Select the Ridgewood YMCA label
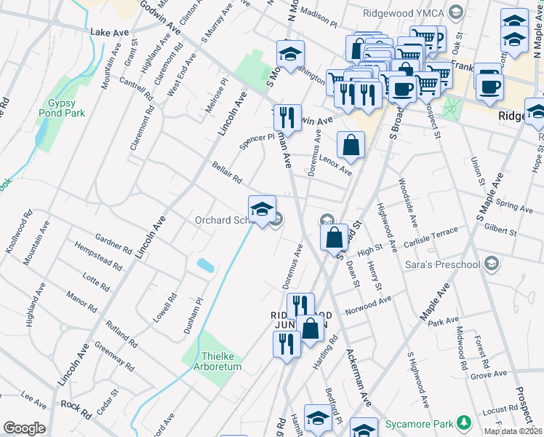tap(406, 12)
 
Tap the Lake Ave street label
tap(109, 33)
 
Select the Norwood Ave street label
tap(369, 302)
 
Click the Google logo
tap(24, 428)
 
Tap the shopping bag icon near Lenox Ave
tap(351, 145)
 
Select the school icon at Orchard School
tap(262, 210)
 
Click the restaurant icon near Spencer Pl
tap(288, 117)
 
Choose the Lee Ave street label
tap(34, 399)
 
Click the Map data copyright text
tap(513, 431)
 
